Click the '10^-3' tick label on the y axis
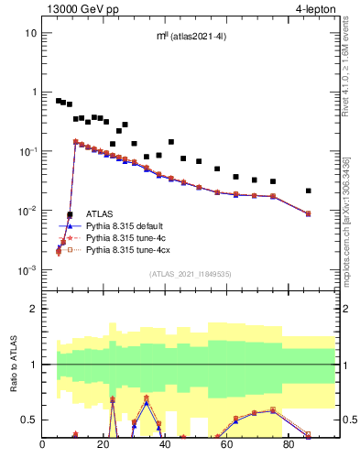[x=27, y=270]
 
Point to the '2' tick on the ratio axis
[x=32, y=309]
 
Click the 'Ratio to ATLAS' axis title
[x=12, y=364]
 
